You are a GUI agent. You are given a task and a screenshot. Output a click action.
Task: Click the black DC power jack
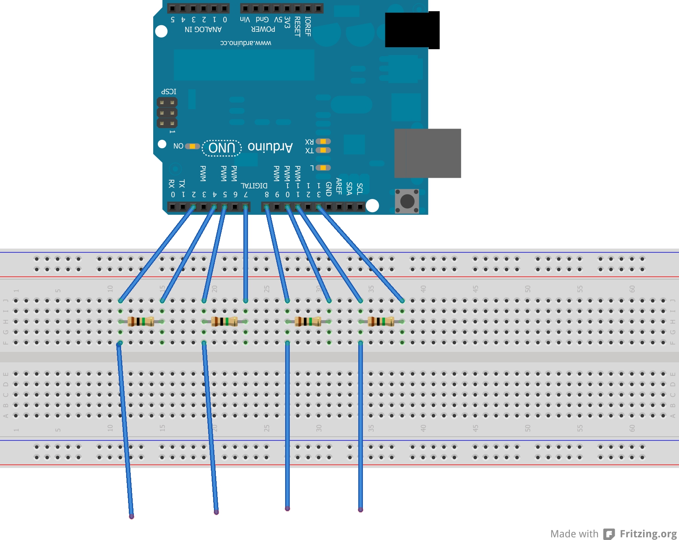pos(412,30)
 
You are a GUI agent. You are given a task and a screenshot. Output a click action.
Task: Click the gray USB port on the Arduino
pos(427,153)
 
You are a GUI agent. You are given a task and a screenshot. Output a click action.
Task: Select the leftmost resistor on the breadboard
pos(141,321)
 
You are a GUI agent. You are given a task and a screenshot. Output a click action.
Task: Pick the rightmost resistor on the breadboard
pos(381,321)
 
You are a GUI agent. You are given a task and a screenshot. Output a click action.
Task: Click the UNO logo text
pos(222,148)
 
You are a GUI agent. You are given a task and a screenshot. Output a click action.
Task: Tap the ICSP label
pos(169,92)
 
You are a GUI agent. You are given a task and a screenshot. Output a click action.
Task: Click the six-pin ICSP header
pos(167,113)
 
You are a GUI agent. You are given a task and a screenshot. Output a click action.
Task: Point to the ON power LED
pos(192,146)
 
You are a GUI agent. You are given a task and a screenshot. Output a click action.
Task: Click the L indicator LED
pos(323,168)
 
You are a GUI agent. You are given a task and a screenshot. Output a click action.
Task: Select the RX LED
pos(323,141)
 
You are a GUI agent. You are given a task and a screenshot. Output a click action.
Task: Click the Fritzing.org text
pos(648,534)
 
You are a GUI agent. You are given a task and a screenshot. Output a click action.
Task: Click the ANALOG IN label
pos(203,29)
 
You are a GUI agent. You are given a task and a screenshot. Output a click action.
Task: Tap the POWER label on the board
pos(263,29)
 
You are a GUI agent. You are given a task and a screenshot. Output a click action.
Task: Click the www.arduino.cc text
pos(246,43)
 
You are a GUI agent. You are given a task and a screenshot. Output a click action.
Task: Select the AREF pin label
pos(339,186)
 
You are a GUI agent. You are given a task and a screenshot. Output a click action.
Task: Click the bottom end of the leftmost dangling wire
pos(132,516)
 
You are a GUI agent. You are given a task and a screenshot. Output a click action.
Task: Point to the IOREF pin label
pos(308,26)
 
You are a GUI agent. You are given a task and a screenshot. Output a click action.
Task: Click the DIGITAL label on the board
pos(254,186)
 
